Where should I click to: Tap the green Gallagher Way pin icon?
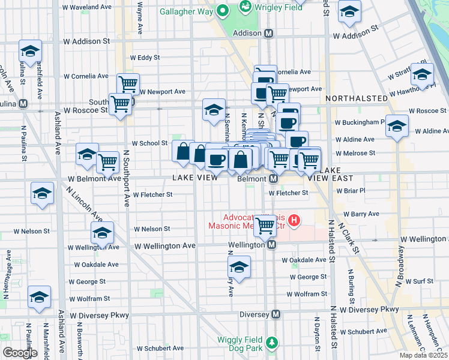click(x=223, y=10)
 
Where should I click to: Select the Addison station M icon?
click(x=269, y=34)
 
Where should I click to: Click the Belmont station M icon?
click(x=273, y=179)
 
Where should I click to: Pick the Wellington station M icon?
click(x=271, y=245)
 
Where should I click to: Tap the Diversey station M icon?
click(x=276, y=314)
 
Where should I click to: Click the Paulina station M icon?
click(x=23, y=103)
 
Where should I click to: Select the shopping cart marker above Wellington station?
click(x=265, y=226)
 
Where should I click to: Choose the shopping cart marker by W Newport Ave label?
click(x=128, y=83)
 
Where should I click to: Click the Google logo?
click(x=20, y=353)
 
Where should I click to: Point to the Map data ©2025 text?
click(x=423, y=355)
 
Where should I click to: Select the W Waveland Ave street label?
click(x=88, y=7)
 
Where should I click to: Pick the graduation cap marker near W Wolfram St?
click(x=39, y=297)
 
